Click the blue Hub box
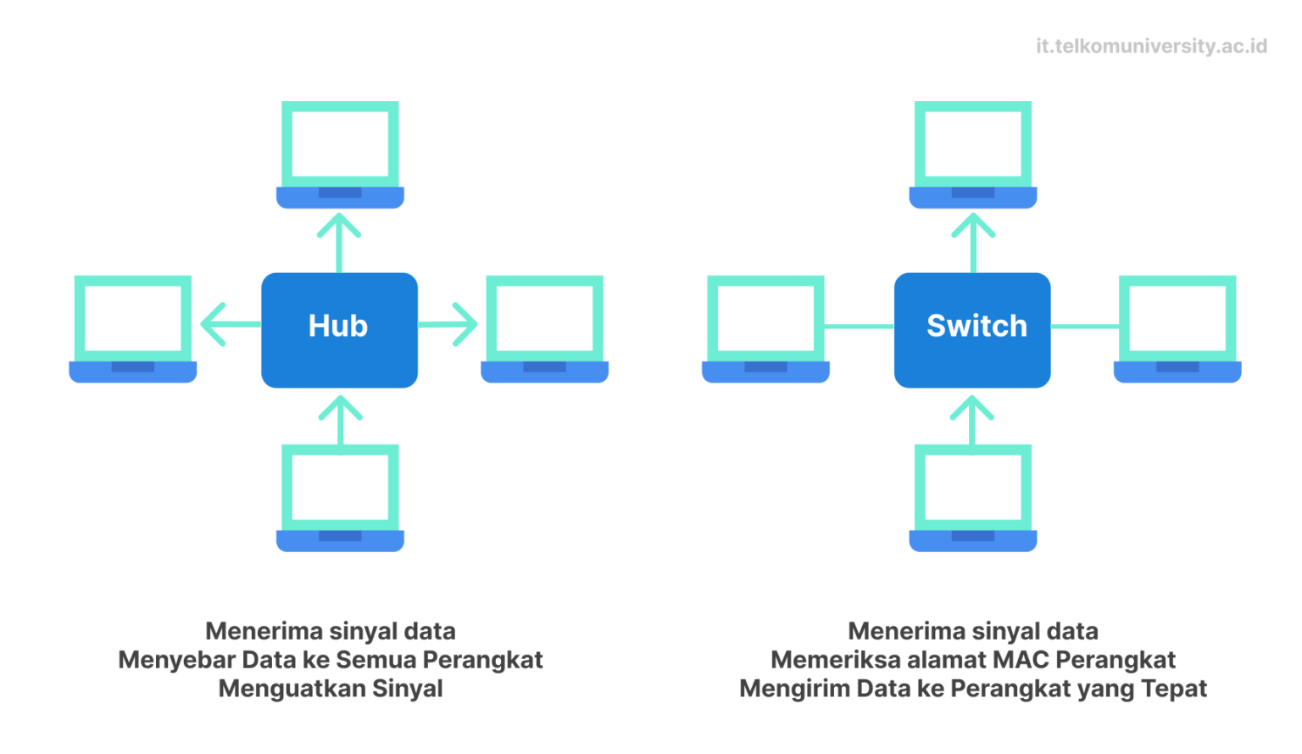[339, 330]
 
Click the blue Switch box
[972, 330]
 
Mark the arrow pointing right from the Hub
[448, 324]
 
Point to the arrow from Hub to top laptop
[339, 242]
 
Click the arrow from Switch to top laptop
[973, 242]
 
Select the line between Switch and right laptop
[1084, 326]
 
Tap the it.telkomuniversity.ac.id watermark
[1151, 46]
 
